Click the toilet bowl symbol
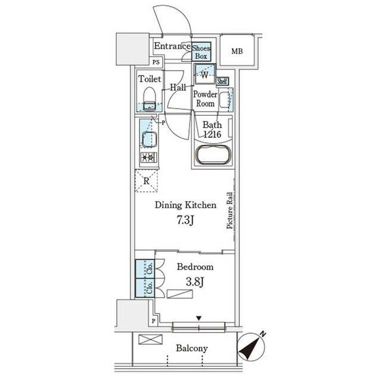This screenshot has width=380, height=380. tap(149, 99)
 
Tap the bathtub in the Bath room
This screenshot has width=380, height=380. tap(213, 154)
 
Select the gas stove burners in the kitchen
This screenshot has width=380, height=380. tap(148, 157)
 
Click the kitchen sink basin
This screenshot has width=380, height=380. tap(149, 140)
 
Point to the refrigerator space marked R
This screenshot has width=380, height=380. tap(147, 180)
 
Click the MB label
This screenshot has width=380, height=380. tap(237, 52)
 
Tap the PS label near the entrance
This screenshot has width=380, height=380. tap(156, 62)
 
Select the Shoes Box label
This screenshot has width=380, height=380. tap(201, 52)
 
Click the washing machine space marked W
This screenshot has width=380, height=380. tap(205, 74)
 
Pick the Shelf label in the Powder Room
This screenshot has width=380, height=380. tap(223, 81)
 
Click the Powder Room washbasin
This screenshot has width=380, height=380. tap(224, 99)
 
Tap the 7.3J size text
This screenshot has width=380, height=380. tap(185, 220)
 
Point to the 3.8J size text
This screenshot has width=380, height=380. tap(195, 282)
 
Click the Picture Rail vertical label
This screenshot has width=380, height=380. tap(230, 210)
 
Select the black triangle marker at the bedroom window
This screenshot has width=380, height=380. tap(199, 318)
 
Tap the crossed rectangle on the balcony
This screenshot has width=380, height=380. tap(150, 339)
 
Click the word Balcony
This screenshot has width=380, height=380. tap(192, 349)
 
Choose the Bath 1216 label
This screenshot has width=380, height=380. tap(212, 129)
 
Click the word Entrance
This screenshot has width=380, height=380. tap(172, 46)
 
